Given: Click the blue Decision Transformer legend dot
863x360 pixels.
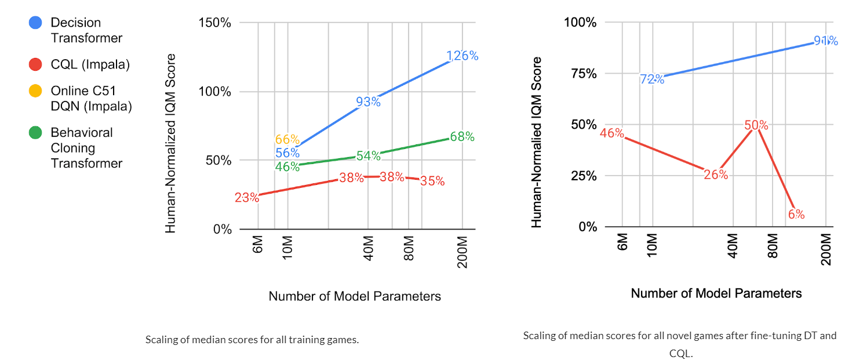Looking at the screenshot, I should click(x=36, y=23).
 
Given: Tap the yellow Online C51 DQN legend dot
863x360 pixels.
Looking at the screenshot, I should click(x=36, y=91).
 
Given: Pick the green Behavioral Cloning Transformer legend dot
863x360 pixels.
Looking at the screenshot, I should click(x=36, y=133).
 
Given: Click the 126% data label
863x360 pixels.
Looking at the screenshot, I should click(x=462, y=56).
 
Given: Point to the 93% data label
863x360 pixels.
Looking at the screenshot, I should click(x=368, y=103).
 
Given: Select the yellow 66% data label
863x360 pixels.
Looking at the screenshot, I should click(x=287, y=140).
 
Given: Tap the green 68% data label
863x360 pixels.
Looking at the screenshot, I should click(x=462, y=137).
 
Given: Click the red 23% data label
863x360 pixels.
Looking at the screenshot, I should click(x=247, y=198).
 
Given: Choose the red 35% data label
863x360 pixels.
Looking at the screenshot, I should click(x=432, y=181).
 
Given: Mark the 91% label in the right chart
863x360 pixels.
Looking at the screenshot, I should click(x=825, y=41).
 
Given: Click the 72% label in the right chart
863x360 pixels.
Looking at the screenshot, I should click(x=652, y=79).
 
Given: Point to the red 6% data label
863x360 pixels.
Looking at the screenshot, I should click(x=796, y=214).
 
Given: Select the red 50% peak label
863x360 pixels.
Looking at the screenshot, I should click(x=756, y=125).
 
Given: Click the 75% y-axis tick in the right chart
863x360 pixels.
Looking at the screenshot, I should click(x=584, y=74).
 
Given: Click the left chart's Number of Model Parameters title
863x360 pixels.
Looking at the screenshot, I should click(x=355, y=296).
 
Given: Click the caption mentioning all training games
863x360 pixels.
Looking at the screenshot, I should click(x=252, y=340).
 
